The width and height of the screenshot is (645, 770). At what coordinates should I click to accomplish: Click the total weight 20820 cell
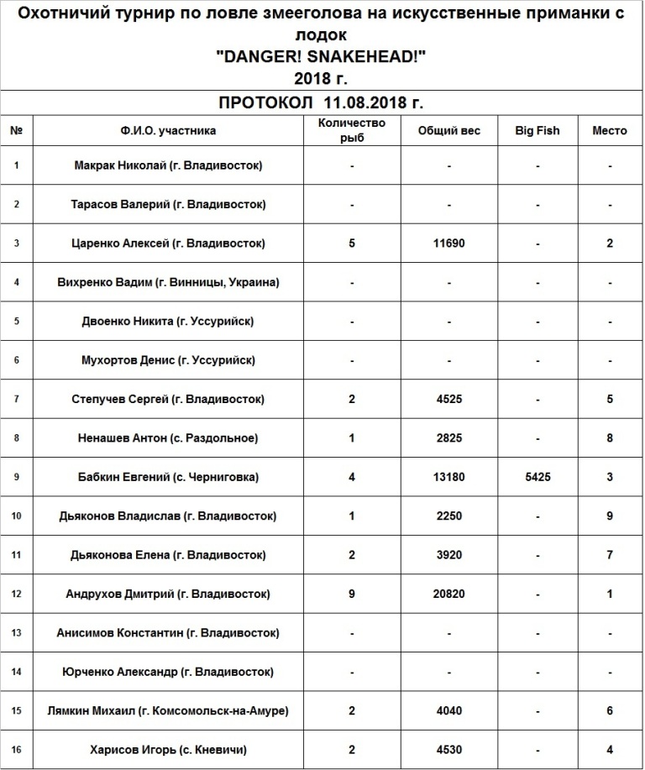click(x=449, y=594)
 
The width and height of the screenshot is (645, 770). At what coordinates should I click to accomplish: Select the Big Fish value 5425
click(x=537, y=477)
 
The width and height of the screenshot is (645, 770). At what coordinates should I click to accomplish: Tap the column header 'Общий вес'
click(x=449, y=131)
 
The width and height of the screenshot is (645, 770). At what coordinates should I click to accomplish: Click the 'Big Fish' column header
click(x=537, y=131)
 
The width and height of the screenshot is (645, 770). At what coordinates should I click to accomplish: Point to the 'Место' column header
click(x=610, y=131)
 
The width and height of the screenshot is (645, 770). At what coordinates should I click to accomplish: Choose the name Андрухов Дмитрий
click(x=168, y=594)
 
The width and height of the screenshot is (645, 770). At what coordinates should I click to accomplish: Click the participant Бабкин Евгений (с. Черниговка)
click(x=168, y=477)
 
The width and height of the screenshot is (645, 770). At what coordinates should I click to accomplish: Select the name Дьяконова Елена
click(x=168, y=555)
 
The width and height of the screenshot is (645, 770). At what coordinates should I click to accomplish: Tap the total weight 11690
click(x=449, y=244)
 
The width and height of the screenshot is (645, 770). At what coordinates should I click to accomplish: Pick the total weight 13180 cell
click(x=449, y=477)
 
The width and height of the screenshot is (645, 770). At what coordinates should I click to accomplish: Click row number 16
click(x=17, y=750)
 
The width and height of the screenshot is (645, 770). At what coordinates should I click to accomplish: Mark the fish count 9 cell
click(x=353, y=594)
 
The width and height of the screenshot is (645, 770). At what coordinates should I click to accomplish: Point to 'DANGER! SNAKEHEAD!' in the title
click(x=321, y=59)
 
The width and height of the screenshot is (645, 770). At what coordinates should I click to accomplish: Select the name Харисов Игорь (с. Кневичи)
click(x=168, y=750)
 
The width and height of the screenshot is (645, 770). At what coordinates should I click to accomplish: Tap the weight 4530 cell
click(x=449, y=750)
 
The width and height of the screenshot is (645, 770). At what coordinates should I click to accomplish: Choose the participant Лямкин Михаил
click(x=168, y=710)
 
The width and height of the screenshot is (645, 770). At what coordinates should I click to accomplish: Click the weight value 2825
click(x=449, y=438)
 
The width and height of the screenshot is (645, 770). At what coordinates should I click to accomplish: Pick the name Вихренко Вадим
click(x=168, y=282)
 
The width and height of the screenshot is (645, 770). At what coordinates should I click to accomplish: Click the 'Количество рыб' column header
click(x=353, y=131)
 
